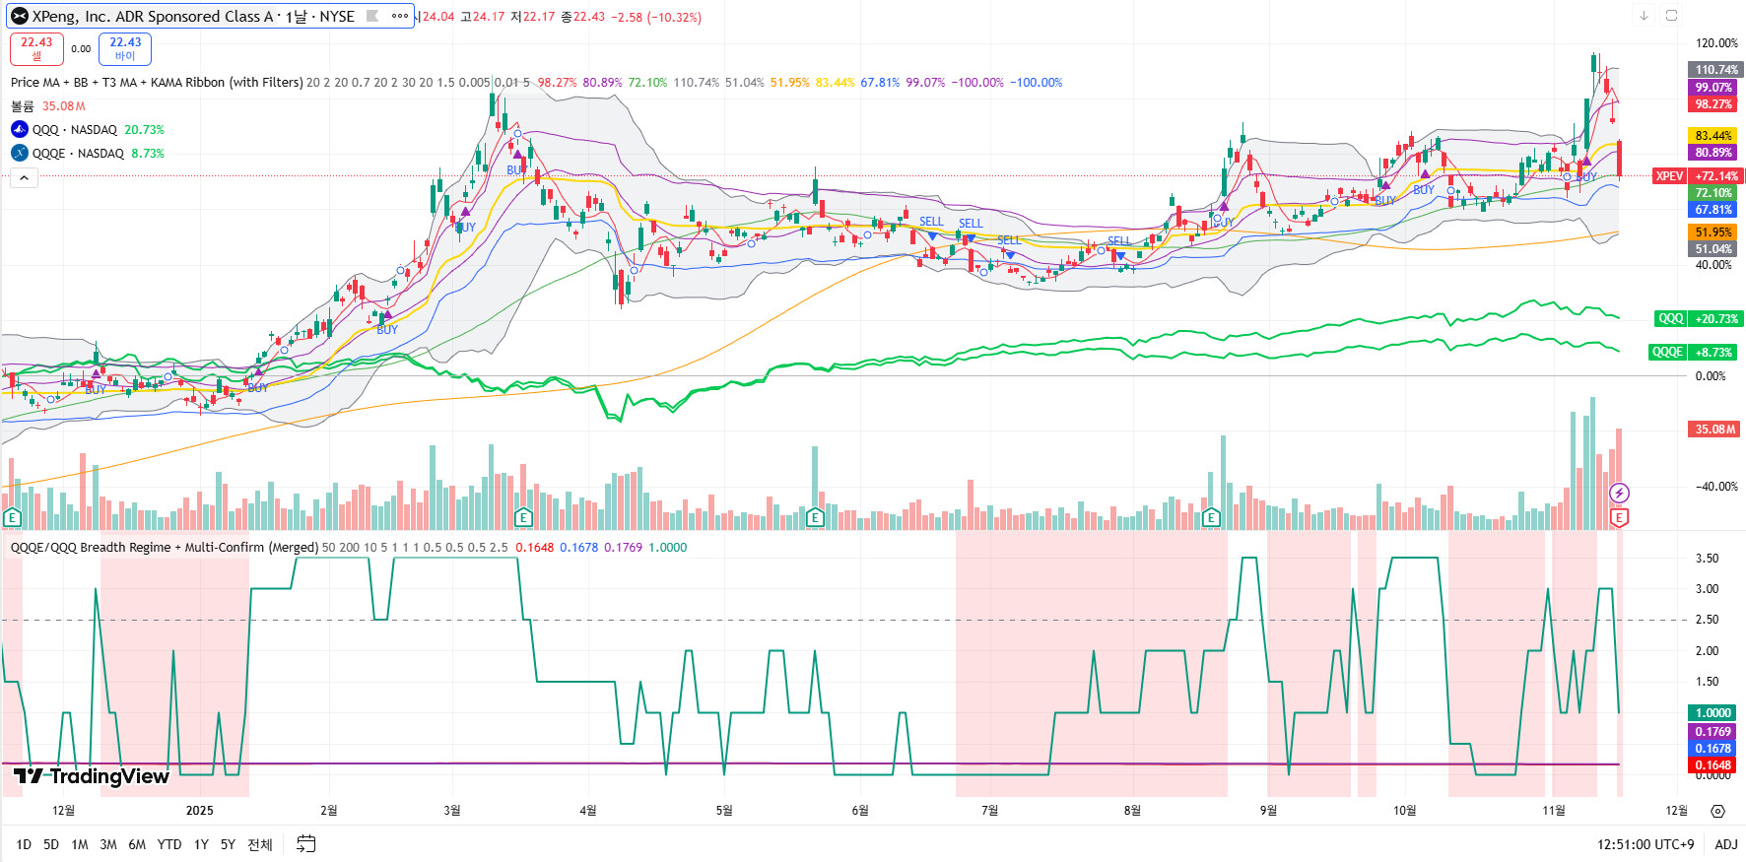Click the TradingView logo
tap(92, 776)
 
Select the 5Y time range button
tap(228, 844)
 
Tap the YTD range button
tap(169, 844)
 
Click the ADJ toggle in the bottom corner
tap(1725, 844)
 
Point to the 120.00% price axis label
tap(1715, 43)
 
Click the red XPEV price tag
tap(1669, 176)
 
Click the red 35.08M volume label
tap(1715, 429)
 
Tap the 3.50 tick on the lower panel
tap(1707, 559)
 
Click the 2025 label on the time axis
tap(199, 811)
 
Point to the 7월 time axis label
tap(989, 811)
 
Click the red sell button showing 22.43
tap(36, 48)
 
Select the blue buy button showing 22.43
tap(125, 48)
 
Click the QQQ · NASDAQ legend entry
tap(74, 130)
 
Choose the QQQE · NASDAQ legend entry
tap(78, 154)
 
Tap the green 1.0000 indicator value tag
tap(1713, 712)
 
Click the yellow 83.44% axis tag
tap(1713, 136)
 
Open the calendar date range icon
tap(306, 844)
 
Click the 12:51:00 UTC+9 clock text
tap(1645, 844)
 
